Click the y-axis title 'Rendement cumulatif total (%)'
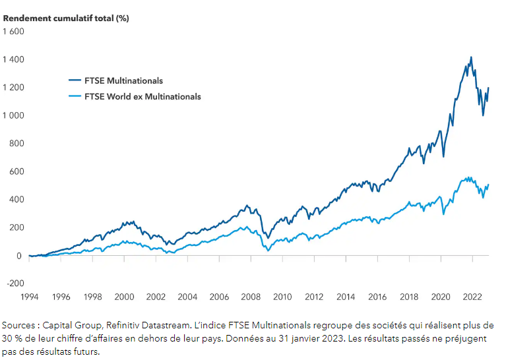pos(66,18)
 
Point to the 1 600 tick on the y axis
pos(13,31)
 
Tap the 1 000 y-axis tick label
pos(13,115)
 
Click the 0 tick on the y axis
pos(20,256)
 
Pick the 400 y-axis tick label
pos(16,199)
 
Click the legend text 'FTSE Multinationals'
pos(123,80)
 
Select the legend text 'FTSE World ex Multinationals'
pos(142,96)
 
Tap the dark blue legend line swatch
pos(74,80)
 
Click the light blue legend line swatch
pos(74,96)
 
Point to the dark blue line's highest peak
pos(470,57)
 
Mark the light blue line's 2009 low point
pos(267,251)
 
